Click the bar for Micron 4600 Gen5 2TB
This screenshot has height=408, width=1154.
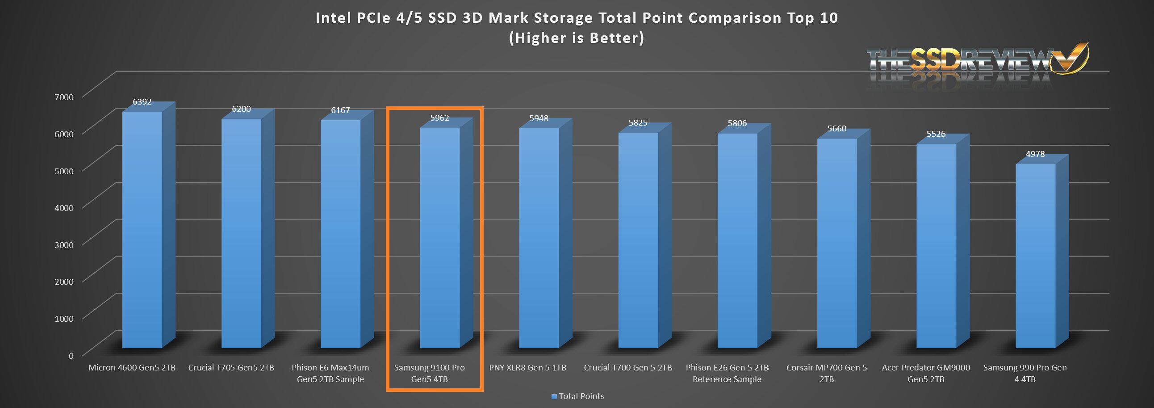pyautogui.click(x=142, y=229)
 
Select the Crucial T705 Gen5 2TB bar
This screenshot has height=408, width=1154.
pyautogui.click(x=242, y=233)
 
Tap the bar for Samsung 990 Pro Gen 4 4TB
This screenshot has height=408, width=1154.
pyautogui.click(x=1035, y=256)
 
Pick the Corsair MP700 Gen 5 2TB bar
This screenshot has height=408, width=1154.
pyautogui.click(x=837, y=242)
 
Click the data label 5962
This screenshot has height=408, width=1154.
pyautogui.click(x=439, y=118)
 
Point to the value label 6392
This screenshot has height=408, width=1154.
pyautogui.click(x=142, y=102)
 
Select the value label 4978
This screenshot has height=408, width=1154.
pyautogui.click(x=1035, y=154)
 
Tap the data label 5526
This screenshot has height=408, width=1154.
pyautogui.click(x=936, y=134)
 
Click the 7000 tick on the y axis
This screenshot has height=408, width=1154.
pyautogui.click(x=63, y=97)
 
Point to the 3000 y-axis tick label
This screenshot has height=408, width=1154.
pyautogui.click(x=63, y=245)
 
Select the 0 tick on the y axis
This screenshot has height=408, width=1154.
pyautogui.click(x=71, y=356)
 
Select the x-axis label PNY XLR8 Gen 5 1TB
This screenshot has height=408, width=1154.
pyautogui.click(x=528, y=368)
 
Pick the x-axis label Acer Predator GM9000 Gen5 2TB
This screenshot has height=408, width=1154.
pyautogui.click(x=925, y=373)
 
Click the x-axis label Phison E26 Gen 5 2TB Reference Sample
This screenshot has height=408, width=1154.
pyautogui.click(x=727, y=373)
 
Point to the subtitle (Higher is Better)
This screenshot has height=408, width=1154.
pyautogui.click(x=577, y=38)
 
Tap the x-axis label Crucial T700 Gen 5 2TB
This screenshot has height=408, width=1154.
pyautogui.click(x=627, y=368)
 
